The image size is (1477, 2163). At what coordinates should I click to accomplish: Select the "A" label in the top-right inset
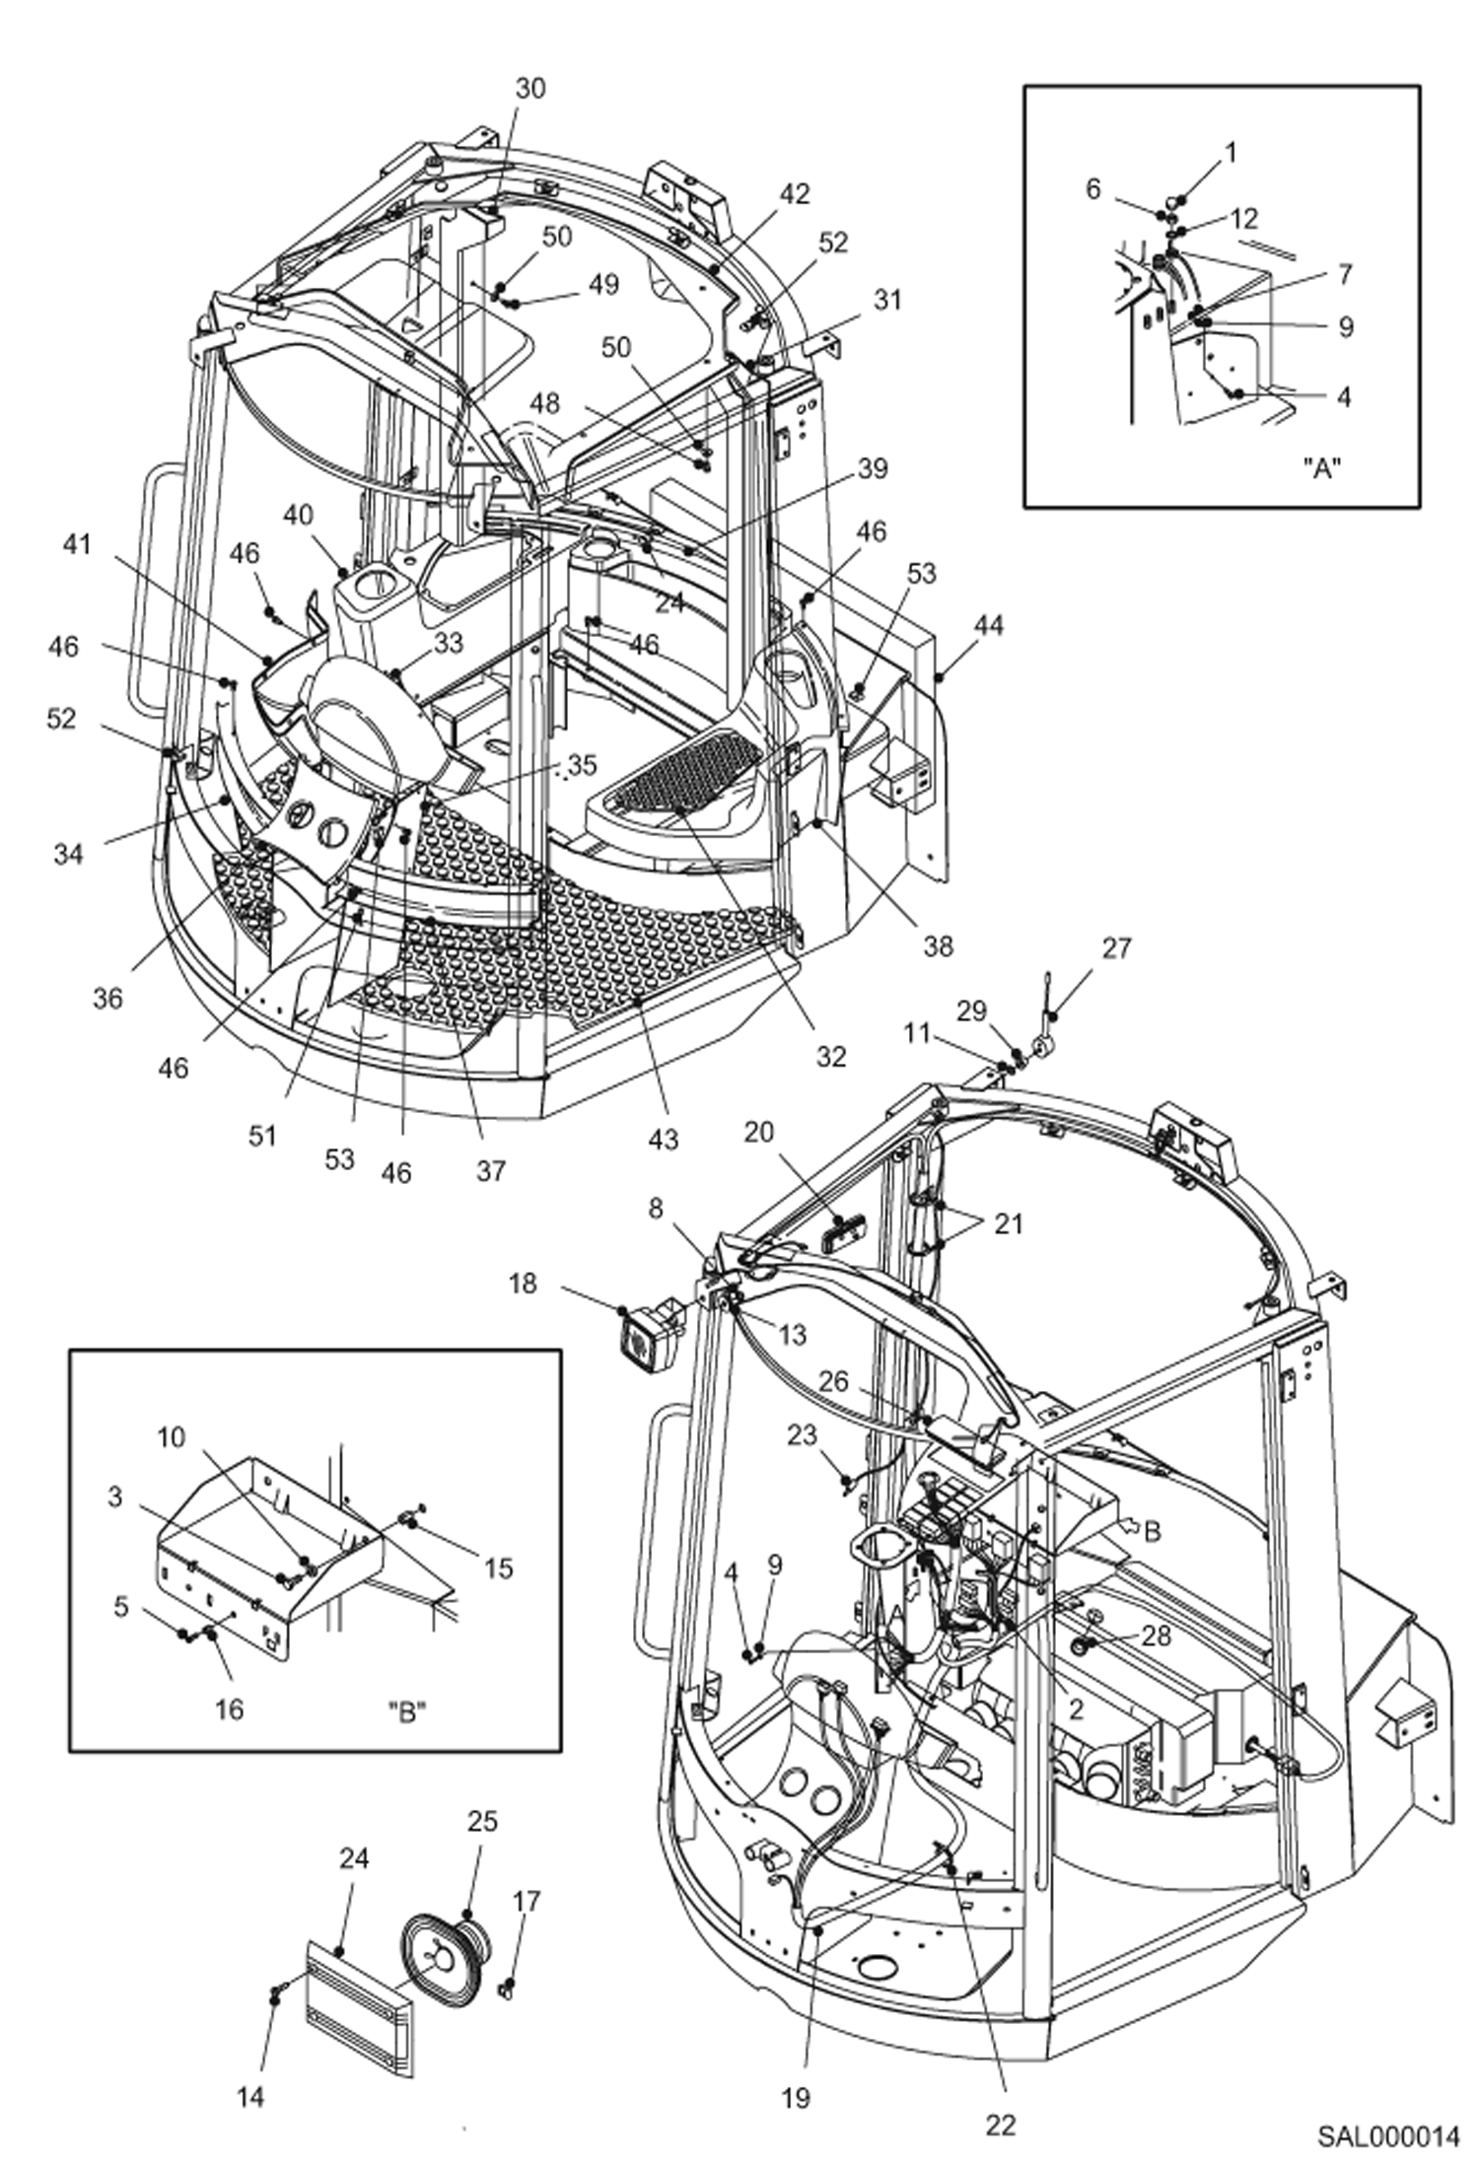tap(1323, 467)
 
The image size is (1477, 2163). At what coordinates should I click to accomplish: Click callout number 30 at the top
tap(529, 89)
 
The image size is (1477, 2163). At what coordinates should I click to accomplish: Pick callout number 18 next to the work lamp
tap(523, 1284)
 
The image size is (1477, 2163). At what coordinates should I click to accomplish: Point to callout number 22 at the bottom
tap(1000, 2125)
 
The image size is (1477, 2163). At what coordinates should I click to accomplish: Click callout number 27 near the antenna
tap(1116, 948)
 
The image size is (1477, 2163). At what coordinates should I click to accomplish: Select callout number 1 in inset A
tap(1230, 152)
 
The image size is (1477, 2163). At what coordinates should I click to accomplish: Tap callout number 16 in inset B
tap(228, 1709)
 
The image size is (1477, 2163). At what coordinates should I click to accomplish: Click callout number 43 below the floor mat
tap(664, 1139)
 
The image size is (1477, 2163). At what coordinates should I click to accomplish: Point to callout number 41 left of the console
tap(76, 544)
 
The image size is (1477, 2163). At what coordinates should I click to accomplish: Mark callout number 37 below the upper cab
tap(490, 1170)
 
